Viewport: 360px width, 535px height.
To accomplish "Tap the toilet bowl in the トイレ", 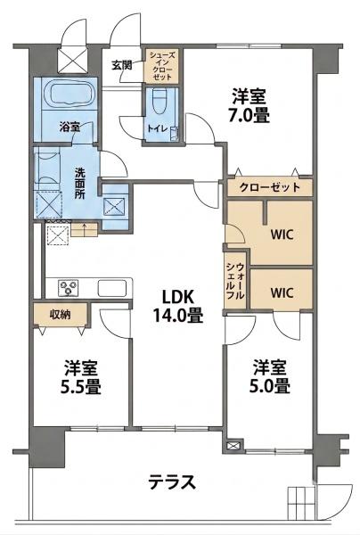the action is [158, 101].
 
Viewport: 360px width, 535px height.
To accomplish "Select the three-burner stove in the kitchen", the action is [69, 287].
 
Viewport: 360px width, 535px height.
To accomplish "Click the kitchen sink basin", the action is [111, 288].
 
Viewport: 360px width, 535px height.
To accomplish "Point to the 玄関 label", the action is [122, 65].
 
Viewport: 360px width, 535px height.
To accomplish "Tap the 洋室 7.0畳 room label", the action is [249, 105].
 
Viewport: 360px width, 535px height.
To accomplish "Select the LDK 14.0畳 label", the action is [178, 306].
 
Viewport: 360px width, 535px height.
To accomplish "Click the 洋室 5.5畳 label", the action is [81, 377].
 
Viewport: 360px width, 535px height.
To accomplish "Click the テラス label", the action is [172, 482].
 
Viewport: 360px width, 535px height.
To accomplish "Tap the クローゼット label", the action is [270, 187].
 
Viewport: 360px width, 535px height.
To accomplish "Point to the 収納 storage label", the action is [61, 314].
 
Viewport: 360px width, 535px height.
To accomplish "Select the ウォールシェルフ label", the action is [235, 281].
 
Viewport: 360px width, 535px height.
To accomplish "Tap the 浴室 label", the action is [70, 127].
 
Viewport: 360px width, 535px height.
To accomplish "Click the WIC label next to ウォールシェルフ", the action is [282, 292].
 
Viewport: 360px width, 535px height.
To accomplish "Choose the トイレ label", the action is [157, 128].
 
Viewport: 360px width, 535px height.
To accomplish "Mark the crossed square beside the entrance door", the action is [72, 60].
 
